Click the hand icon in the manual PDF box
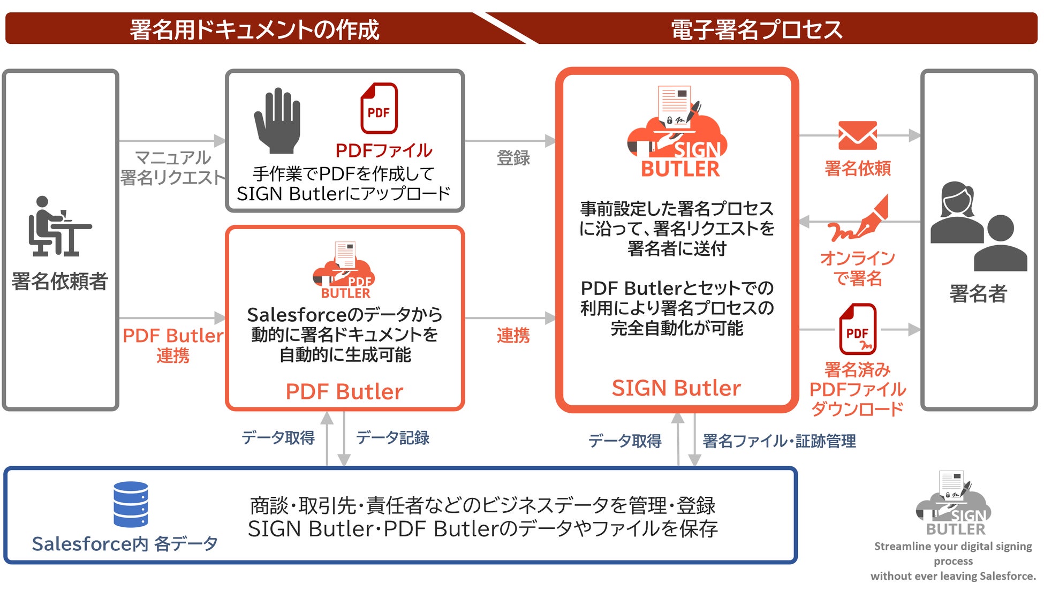click(x=277, y=121)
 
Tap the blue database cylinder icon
click(x=131, y=504)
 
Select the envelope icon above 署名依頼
click(x=857, y=135)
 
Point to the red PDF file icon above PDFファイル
click(x=379, y=108)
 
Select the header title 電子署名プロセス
click(x=756, y=29)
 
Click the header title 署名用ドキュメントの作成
click(x=254, y=29)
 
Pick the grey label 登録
click(x=513, y=158)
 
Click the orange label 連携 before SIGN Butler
click(x=513, y=336)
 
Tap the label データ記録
click(x=392, y=438)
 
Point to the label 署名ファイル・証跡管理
click(x=779, y=441)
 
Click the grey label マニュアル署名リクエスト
click(x=172, y=168)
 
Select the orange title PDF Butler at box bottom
click(x=344, y=392)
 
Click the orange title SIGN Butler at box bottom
click(x=676, y=388)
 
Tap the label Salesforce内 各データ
click(x=125, y=544)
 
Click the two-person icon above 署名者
click(x=978, y=227)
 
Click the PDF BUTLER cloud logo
click(x=345, y=271)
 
